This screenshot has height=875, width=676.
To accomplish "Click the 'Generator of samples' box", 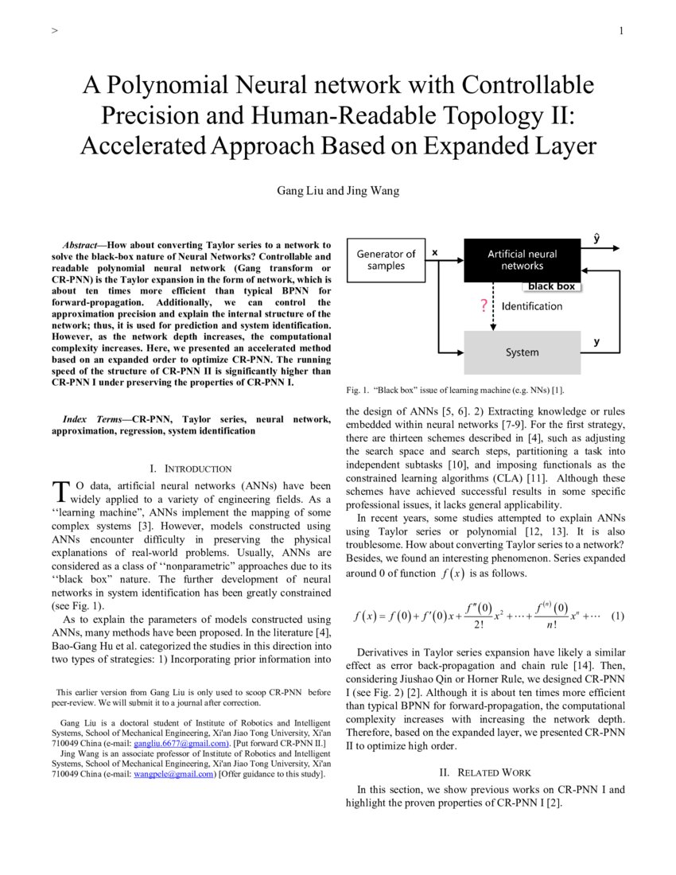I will tap(386, 260).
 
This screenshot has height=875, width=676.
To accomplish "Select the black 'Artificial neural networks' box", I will tap(522, 260).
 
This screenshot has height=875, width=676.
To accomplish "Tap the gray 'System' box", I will tap(522, 352).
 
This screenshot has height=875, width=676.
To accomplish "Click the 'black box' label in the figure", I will tap(551, 286).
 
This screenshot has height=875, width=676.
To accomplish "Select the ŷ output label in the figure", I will tap(596, 238).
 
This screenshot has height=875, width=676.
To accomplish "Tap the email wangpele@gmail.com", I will tap(174, 773).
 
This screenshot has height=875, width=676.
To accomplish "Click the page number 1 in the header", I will tap(620, 31).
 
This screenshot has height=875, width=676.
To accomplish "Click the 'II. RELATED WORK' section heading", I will tap(485, 772).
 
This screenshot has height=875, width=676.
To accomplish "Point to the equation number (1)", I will tap(618, 616).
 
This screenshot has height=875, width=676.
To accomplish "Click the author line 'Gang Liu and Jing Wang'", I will tap(338, 191).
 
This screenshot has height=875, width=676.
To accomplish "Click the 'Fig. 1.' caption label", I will tap(357, 390).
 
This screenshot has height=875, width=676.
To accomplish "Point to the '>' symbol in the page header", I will tap(54, 31).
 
